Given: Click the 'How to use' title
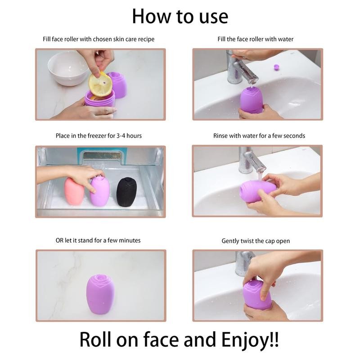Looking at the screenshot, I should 180,16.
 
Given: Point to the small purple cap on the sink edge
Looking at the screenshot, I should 276,67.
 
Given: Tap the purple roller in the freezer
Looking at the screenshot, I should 100,192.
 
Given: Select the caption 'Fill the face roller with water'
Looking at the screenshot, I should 255,39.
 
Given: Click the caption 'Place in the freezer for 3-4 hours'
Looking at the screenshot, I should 99,135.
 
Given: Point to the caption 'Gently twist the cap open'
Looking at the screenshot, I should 256,241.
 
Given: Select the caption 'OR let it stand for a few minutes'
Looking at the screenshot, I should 98,240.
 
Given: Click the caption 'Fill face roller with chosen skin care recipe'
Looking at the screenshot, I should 99,39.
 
